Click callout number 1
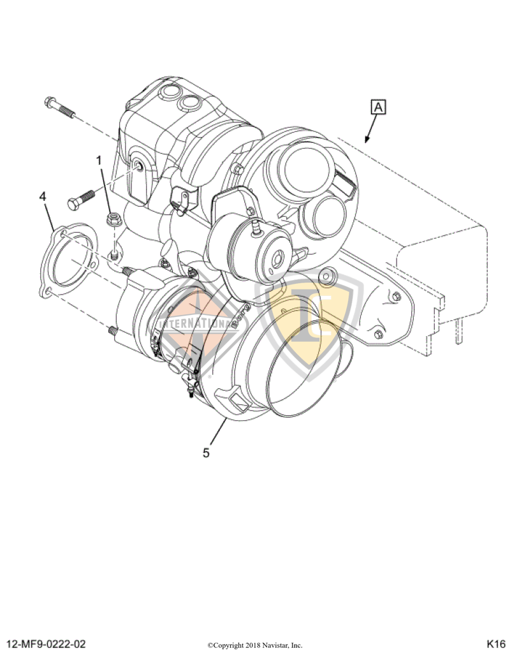[99, 159]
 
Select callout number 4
[42, 197]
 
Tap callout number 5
[206, 453]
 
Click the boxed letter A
[378, 107]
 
